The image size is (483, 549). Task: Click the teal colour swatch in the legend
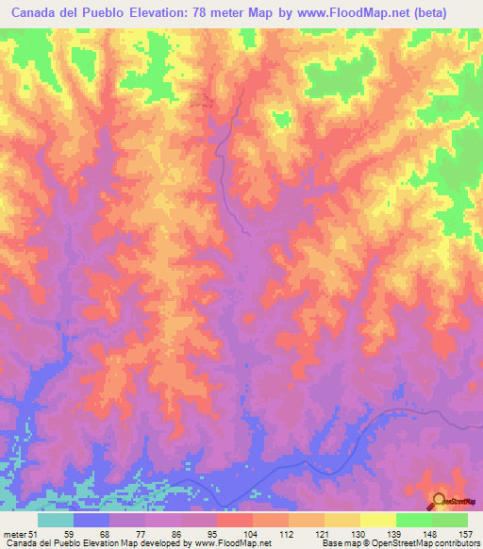click(x=56, y=520)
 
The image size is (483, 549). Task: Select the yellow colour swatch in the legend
click(x=377, y=520)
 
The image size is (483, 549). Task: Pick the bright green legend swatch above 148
click(x=413, y=520)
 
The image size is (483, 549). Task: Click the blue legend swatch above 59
click(x=92, y=520)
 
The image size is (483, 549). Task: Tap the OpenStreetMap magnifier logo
click(x=441, y=500)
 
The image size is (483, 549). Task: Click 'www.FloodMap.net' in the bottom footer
click(x=229, y=543)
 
